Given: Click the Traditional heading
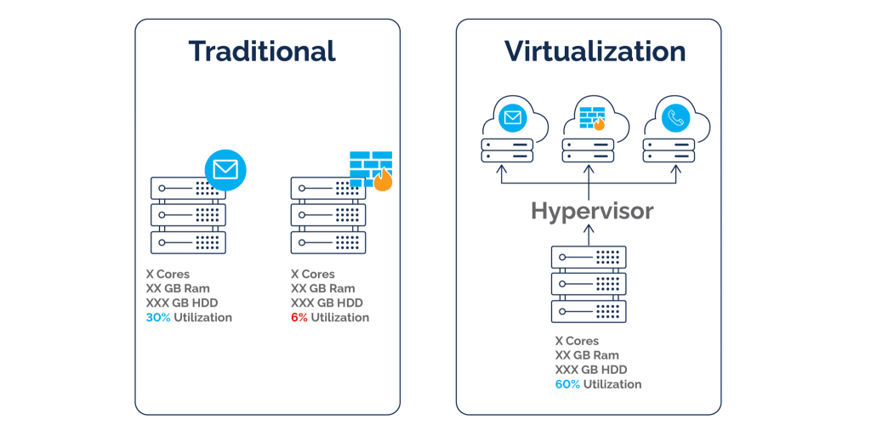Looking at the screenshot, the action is [262, 51].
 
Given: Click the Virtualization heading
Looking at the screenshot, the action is [595, 51].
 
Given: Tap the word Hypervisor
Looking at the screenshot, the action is [592, 212].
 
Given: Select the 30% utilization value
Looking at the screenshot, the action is [158, 317].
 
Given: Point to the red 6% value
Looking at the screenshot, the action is [299, 317].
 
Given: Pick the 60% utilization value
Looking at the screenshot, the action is [567, 384].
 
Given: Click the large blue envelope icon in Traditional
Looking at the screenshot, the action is [225, 167].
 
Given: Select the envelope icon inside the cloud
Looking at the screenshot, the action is [512, 117].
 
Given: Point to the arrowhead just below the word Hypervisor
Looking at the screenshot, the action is [589, 229].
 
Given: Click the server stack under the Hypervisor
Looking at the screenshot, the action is [589, 285].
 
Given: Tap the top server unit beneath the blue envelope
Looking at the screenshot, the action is [188, 188].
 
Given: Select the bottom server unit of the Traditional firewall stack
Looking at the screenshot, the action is [328, 242].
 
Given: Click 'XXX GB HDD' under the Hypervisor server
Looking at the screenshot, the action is [591, 370].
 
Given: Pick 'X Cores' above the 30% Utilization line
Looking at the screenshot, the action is [168, 274].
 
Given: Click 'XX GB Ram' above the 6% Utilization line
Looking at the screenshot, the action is [322, 288].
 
